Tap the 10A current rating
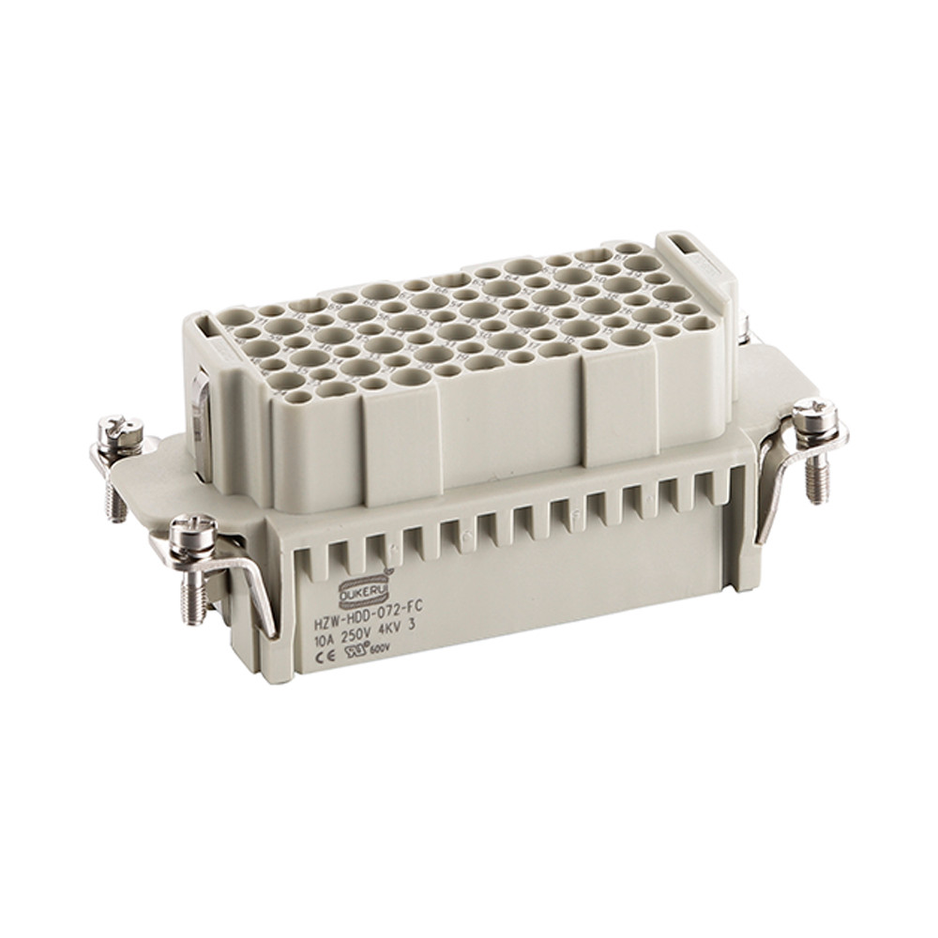[x=328, y=630]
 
